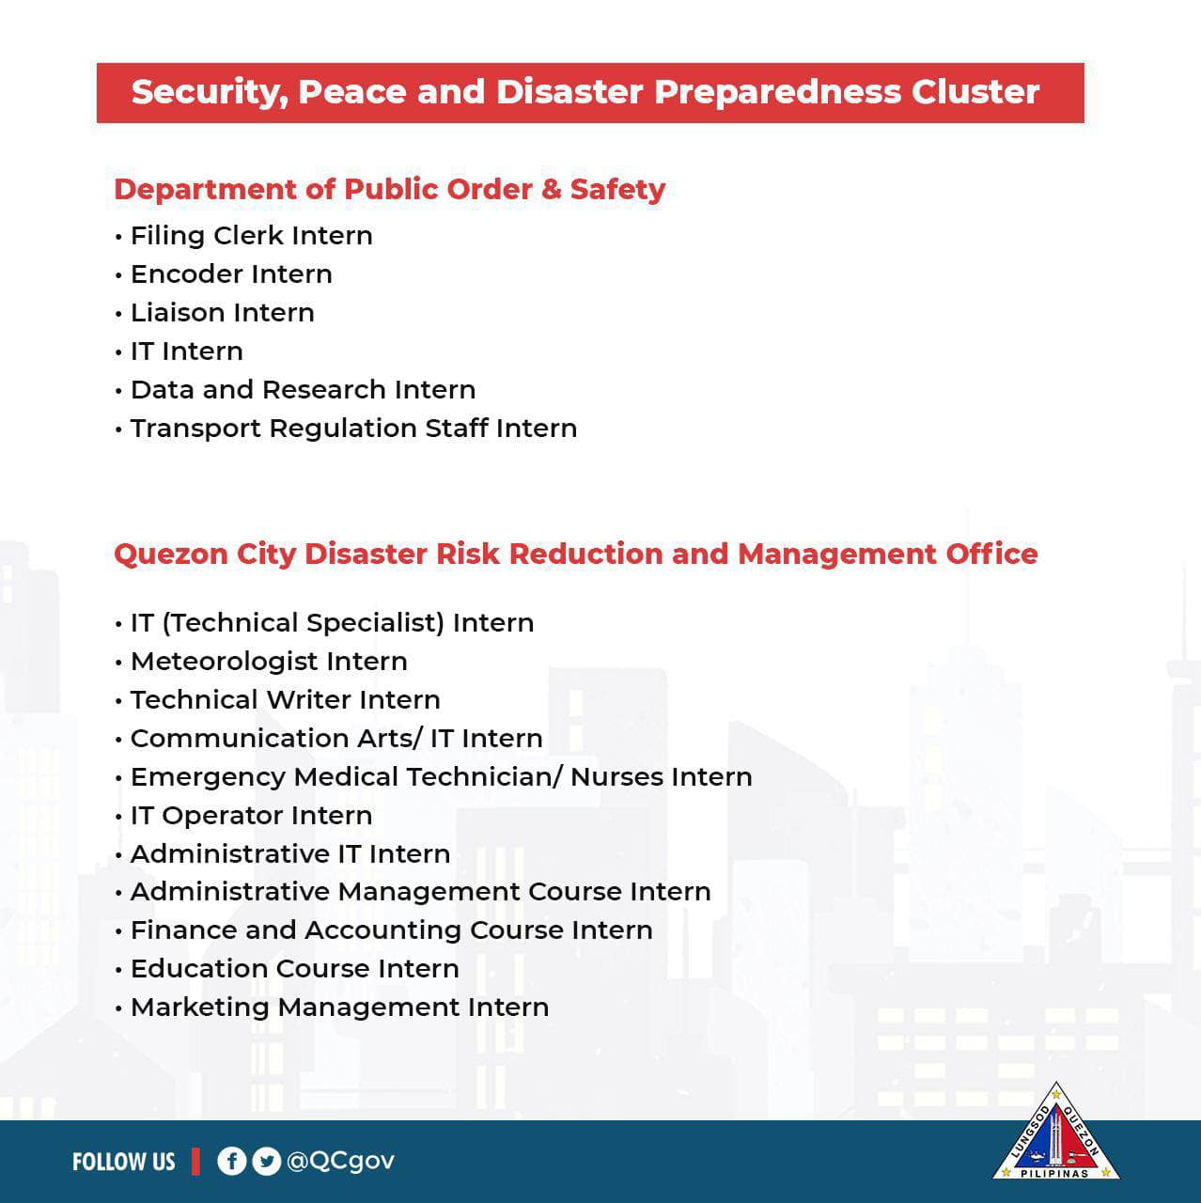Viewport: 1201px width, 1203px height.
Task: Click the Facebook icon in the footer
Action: coord(231,1162)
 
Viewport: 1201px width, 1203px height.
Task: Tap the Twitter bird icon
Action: coord(267,1162)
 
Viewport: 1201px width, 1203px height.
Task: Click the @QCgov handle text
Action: coord(340,1162)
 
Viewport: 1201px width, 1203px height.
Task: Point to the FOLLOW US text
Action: coord(123,1163)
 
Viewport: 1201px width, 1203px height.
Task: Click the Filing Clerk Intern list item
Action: coord(251,236)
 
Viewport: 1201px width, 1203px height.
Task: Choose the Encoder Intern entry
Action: coord(231,274)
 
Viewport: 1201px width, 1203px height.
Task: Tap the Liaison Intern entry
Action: coord(222,313)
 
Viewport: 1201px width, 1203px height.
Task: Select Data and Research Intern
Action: coord(303,390)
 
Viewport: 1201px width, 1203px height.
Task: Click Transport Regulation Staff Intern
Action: coord(353,429)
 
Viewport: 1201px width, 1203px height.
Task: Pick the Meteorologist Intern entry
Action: coord(269,662)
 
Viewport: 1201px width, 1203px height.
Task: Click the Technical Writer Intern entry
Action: coord(285,700)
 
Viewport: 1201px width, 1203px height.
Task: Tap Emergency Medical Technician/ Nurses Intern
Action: coord(441,777)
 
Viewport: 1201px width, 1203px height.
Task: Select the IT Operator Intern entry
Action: coord(251,816)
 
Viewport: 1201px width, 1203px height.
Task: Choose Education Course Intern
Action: coord(294,969)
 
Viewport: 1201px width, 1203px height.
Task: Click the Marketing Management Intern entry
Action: coord(339,1008)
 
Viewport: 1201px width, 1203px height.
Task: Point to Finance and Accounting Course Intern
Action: coord(391,930)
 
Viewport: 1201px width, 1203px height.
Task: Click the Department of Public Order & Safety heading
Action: coord(389,190)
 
